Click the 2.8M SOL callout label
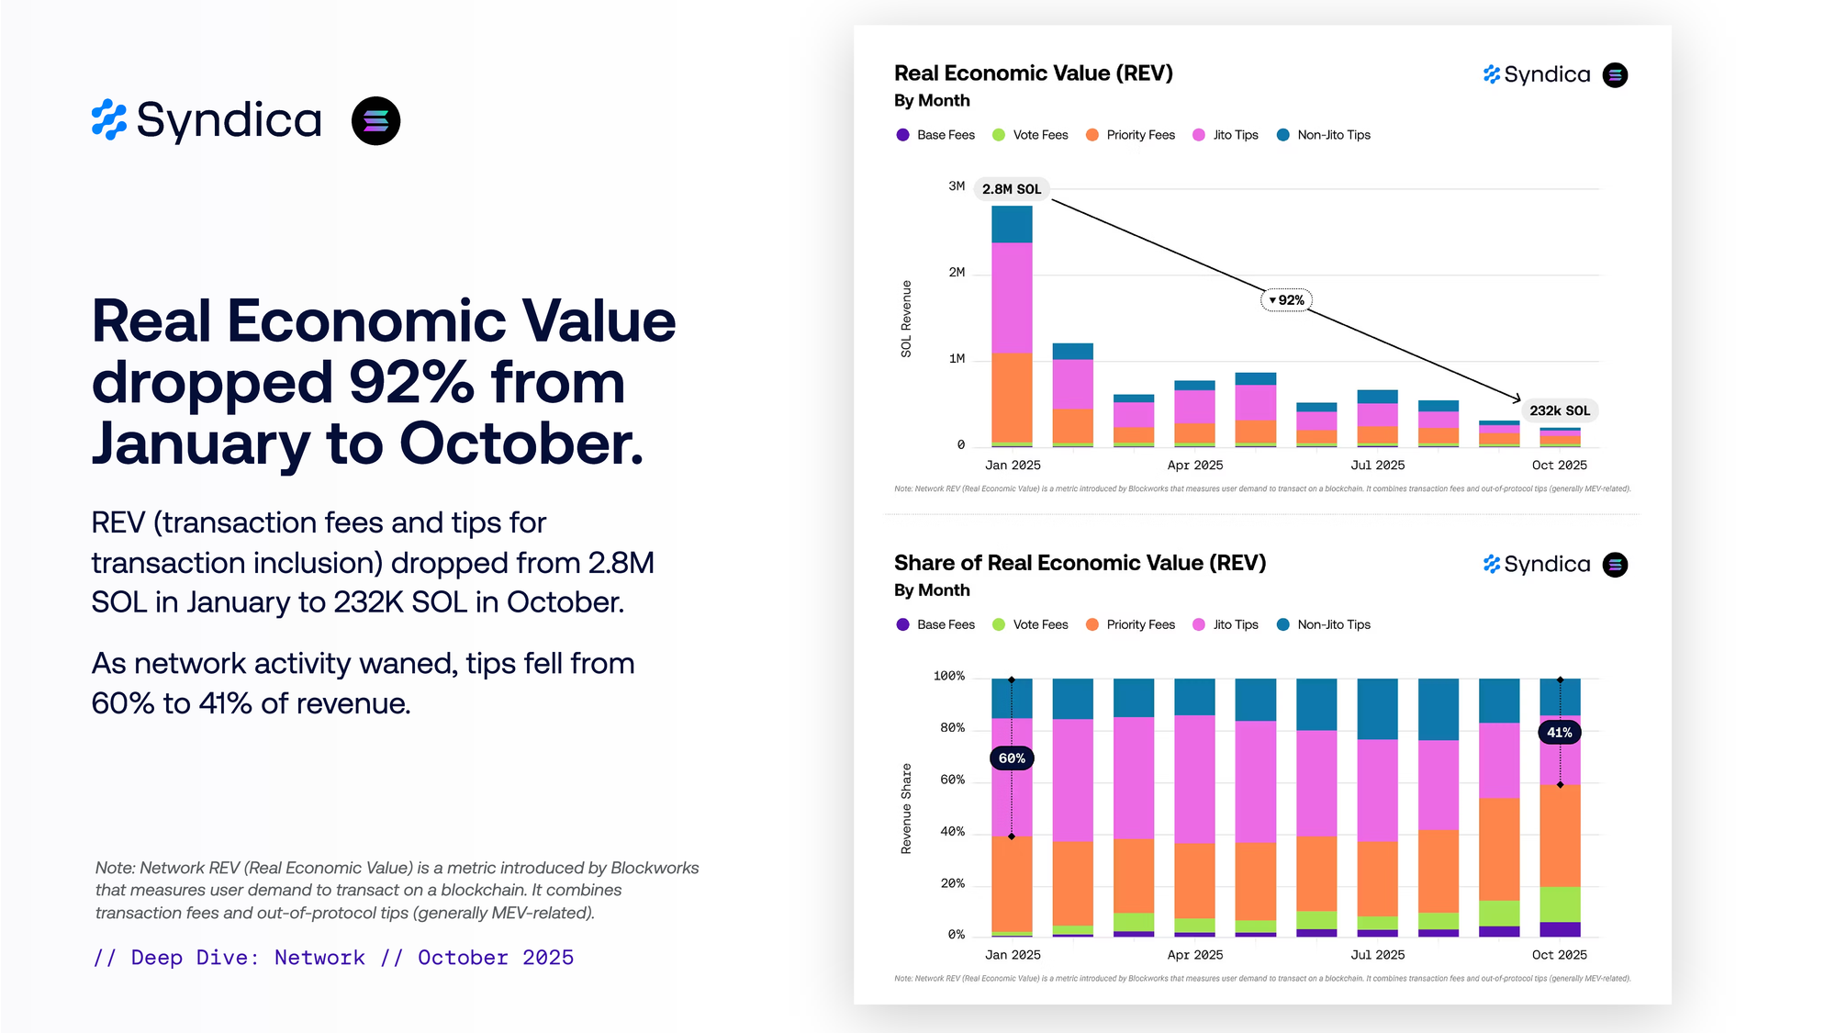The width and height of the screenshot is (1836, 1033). (1011, 189)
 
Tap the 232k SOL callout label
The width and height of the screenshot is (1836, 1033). (1559, 410)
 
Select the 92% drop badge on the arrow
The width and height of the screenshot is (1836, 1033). (1287, 300)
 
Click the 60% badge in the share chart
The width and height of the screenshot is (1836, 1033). (1012, 758)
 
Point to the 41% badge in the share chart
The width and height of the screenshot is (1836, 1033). (1559, 733)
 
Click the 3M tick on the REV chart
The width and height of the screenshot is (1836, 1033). (957, 186)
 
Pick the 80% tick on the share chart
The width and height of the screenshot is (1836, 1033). (952, 728)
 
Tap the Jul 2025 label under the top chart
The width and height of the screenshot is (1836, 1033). (1377, 466)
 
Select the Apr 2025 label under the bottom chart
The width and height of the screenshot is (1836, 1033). (1194, 955)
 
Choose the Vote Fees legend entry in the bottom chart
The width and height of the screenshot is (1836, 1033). (1031, 624)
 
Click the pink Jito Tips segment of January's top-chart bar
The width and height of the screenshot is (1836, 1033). (1012, 298)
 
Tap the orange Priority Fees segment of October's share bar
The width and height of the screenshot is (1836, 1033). (1560, 836)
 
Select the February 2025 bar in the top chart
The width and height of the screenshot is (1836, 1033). (1072, 395)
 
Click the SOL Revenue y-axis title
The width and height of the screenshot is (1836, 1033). (906, 319)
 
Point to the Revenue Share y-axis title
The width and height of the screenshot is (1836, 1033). (906, 809)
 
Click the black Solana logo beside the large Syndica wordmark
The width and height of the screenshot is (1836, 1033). (376, 121)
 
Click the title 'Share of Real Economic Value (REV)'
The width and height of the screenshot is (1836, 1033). (1080, 563)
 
